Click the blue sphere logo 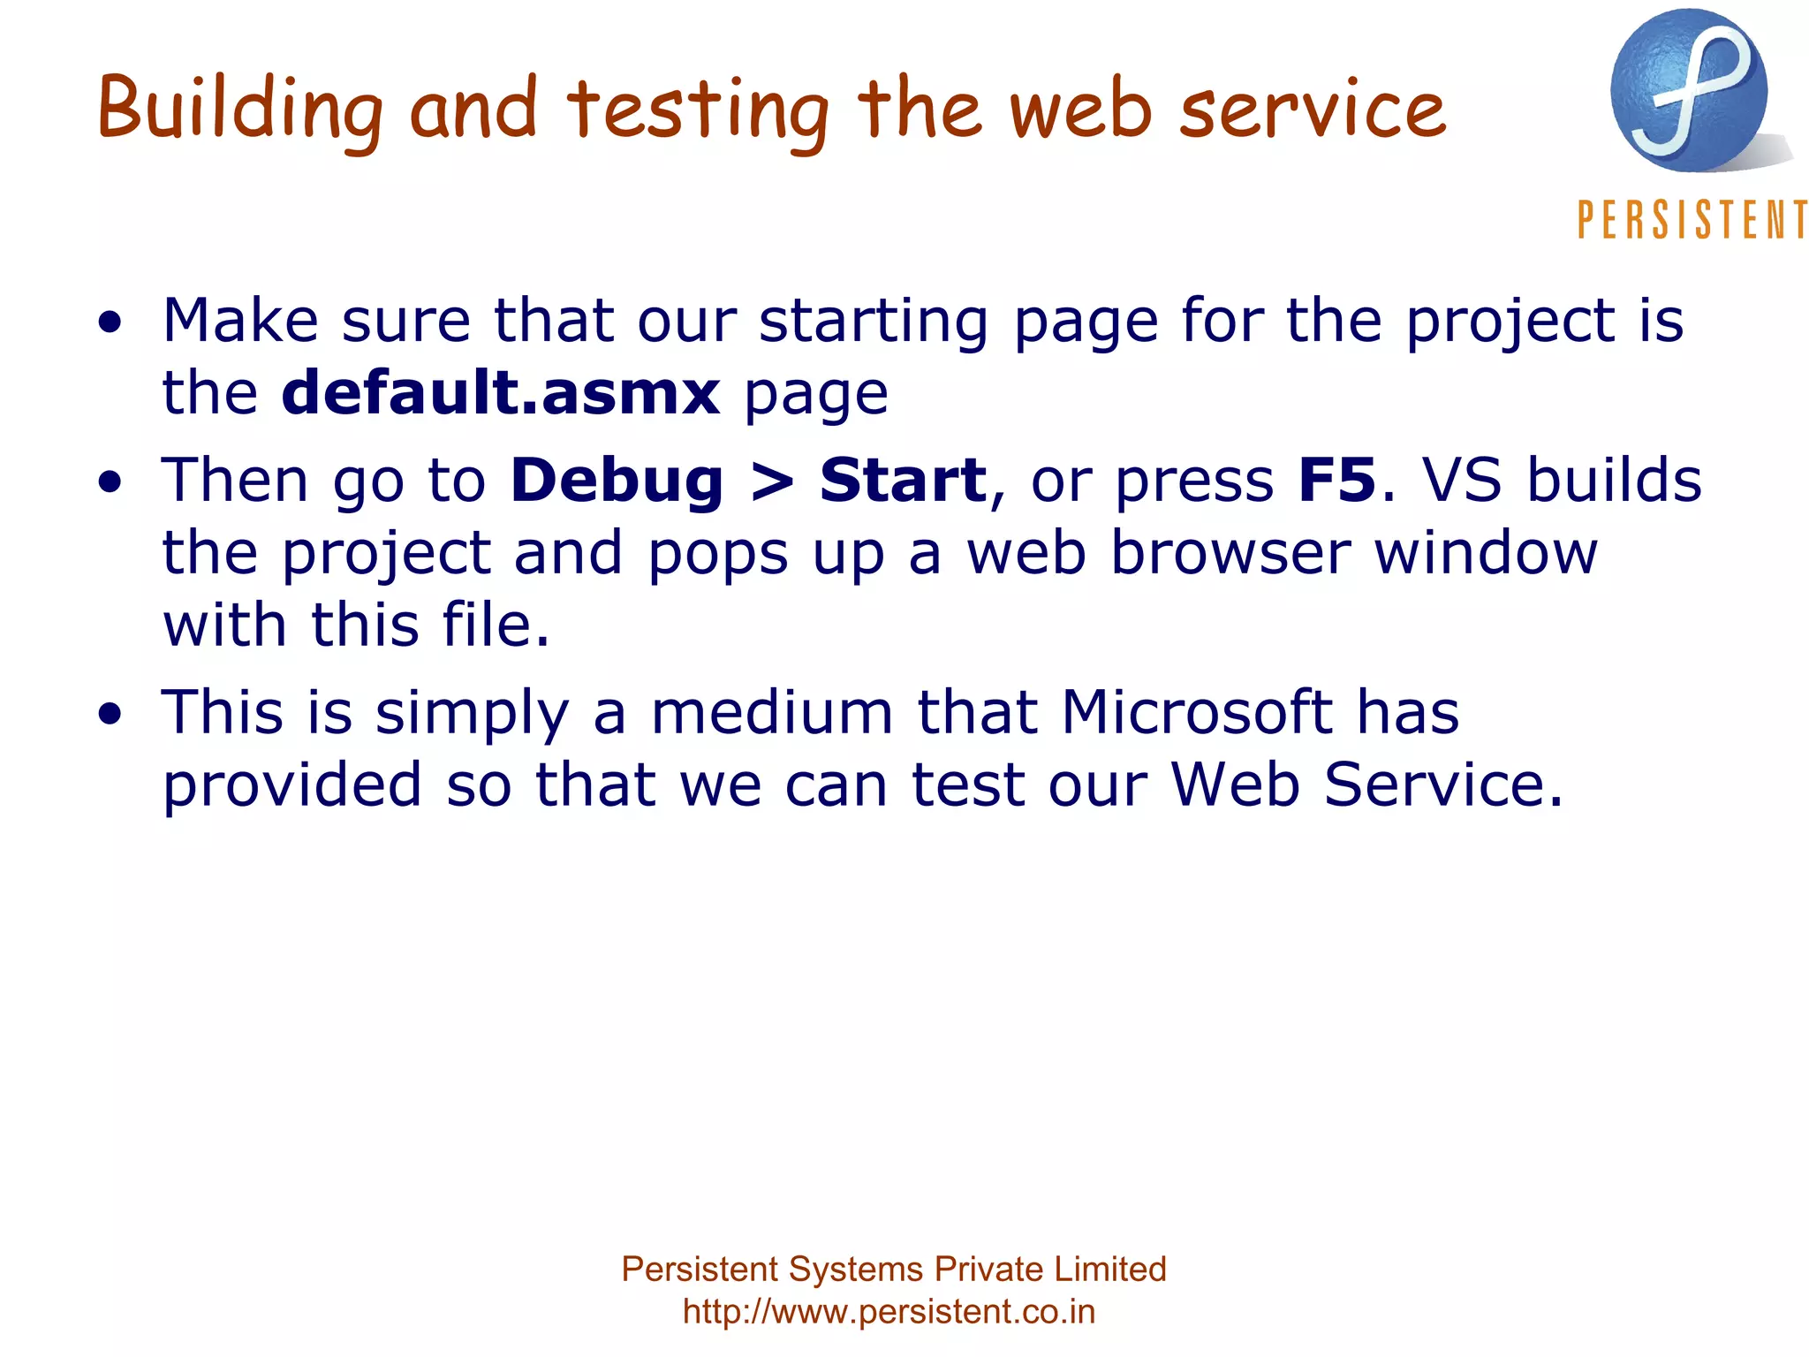[x=1689, y=91]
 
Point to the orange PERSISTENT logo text [x=1692, y=220]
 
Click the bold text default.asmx [x=501, y=392]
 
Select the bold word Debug [x=617, y=481]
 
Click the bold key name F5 [x=1336, y=481]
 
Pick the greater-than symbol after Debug [x=772, y=482]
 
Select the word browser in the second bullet [x=1230, y=553]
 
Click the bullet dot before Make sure [x=110, y=323]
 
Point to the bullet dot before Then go [x=110, y=483]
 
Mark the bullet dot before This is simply [x=110, y=715]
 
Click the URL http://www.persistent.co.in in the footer [x=889, y=1312]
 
